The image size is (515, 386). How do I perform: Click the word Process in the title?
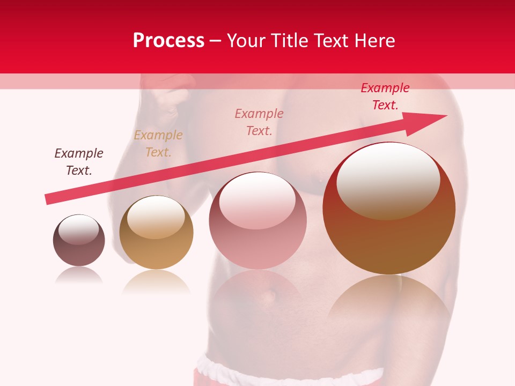coord(168,41)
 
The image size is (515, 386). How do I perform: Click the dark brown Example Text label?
coord(79,162)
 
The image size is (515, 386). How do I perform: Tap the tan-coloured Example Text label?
coord(158,144)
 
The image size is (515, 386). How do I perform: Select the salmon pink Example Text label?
coord(259,122)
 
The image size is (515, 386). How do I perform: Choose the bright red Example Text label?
coord(385,96)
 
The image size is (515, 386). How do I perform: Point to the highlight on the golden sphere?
coord(156,217)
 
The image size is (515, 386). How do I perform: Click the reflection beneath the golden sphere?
coord(156,282)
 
